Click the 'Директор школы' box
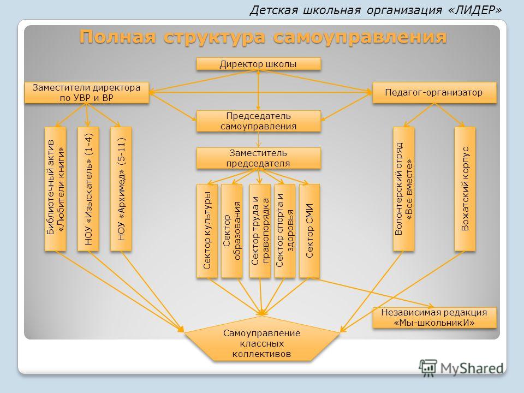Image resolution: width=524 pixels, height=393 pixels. point(258,64)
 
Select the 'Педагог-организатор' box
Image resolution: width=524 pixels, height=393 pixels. point(434,93)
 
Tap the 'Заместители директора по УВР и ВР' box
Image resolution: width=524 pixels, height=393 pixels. point(87,93)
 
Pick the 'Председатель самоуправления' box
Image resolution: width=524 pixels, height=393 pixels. point(258,121)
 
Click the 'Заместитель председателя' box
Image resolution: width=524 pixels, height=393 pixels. point(258,158)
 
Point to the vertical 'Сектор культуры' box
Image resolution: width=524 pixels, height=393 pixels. point(207,231)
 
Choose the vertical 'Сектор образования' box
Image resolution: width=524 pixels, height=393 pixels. point(231,231)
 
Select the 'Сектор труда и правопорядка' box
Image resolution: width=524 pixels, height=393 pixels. point(260,231)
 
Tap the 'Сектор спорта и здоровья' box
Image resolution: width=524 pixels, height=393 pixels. point(285,231)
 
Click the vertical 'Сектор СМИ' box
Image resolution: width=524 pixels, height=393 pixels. point(309,231)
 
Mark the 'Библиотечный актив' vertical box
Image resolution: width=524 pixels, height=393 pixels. point(56,189)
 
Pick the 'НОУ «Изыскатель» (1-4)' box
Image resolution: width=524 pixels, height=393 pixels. point(88,189)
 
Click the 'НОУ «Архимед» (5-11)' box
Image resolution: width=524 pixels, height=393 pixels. point(121,189)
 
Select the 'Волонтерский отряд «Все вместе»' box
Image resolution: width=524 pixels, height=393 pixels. point(404,189)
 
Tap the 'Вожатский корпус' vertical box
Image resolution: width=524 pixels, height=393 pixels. point(465,189)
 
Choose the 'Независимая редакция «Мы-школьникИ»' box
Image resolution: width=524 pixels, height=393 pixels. point(434,318)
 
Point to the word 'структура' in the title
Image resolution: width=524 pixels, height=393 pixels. point(214,37)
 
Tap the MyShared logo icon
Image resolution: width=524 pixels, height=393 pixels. point(428,368)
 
